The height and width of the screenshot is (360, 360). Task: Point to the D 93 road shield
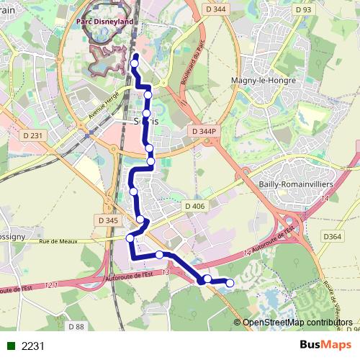click(x=303, y=10)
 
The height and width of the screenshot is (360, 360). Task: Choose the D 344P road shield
click(x=204, y=131)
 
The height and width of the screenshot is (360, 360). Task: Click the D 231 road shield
click(x=33, y=135)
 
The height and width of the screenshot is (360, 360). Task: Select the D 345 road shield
click(x=107, y=220)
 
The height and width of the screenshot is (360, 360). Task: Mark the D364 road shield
click(x=332, y=236)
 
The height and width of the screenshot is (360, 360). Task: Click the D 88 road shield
click(x=76, y=327)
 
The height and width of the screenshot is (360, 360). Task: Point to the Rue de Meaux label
click(x=58, y=242)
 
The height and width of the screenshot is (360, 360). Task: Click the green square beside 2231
click(x=11, y=346)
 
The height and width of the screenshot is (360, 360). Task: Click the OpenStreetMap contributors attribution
click(x=297, y=323)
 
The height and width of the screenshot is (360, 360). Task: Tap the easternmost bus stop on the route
click(x=230, y=284)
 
